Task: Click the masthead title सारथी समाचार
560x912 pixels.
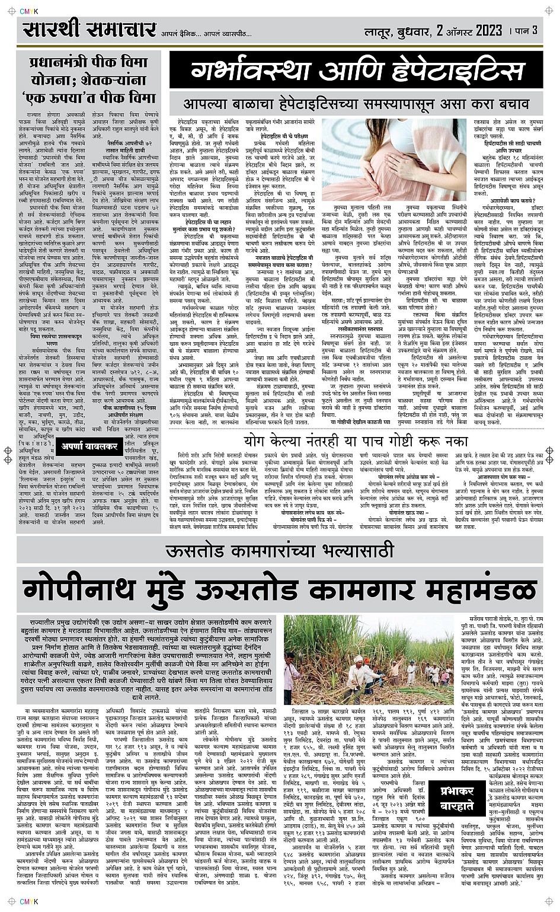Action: [x=89, y=31]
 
